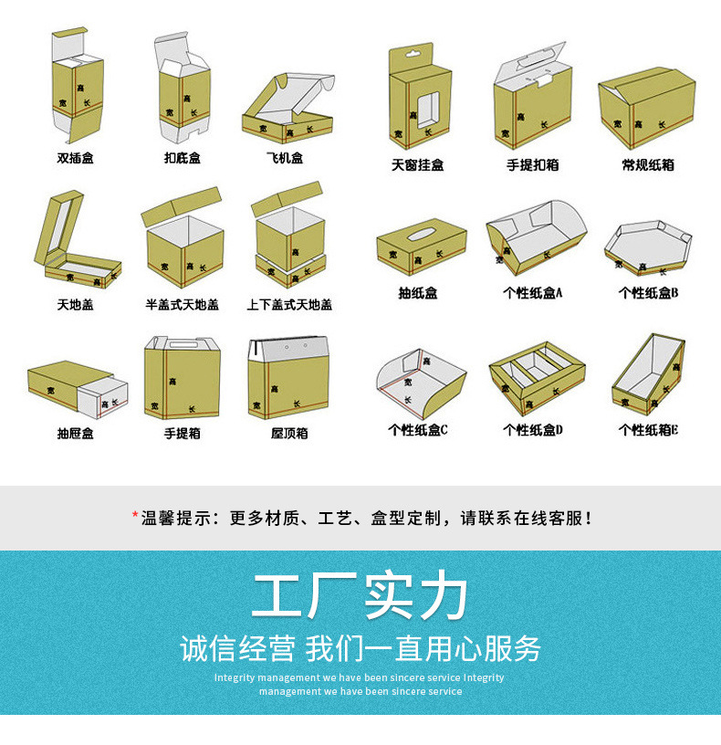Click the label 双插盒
(76, 158)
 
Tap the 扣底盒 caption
(183, 158)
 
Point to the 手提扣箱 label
(533, 165)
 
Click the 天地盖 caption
(76, 304)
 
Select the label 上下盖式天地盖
(289, 304)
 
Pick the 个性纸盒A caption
(533, 294)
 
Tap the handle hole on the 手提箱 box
(182, 348)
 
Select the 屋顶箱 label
(289, 433)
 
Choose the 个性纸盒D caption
(533, 430)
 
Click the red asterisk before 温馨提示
(135, 517)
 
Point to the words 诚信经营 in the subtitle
(237, 649)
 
